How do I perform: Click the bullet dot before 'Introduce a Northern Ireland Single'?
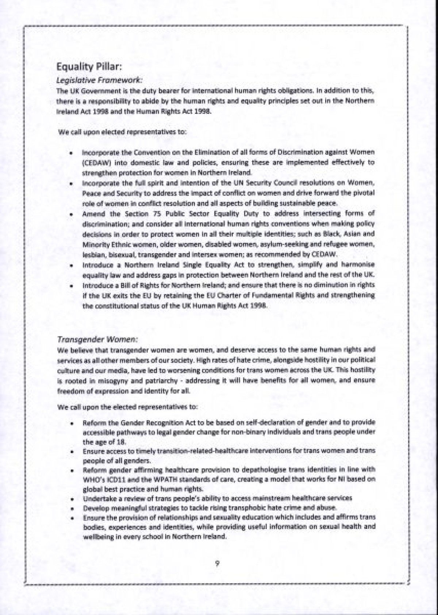click(x=70, y=265)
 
